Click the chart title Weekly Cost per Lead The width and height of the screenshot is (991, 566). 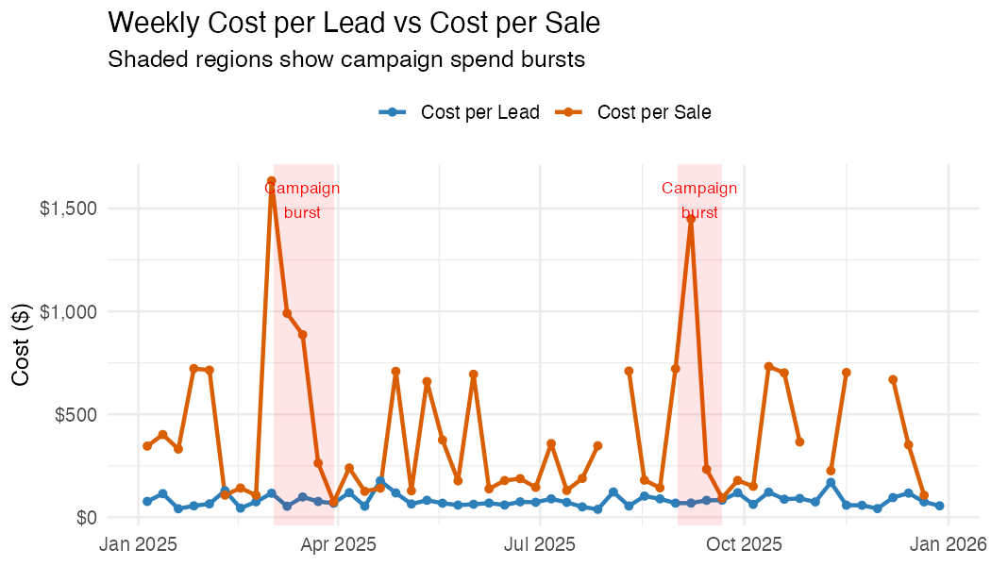[x=354, y=23]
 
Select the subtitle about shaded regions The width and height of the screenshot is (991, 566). [x=346, y=59]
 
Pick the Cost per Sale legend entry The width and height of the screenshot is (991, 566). [x=654, y=112]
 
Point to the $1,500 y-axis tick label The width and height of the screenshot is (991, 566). [x=68, y=208]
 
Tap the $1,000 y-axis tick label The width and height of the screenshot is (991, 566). [x=68, y=311]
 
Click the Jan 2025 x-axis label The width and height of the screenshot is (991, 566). [x=139, y=544]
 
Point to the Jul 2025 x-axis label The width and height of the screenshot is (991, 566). [x=539, y=544]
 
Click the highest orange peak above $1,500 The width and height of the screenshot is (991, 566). [x=271, y=180]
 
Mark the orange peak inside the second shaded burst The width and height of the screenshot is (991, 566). [x=691, y=219]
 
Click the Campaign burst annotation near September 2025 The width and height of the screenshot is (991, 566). [x=699, y=200]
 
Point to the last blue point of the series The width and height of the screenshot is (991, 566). [x=939, y=506]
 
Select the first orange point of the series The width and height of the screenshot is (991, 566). [x=147, y=446]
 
